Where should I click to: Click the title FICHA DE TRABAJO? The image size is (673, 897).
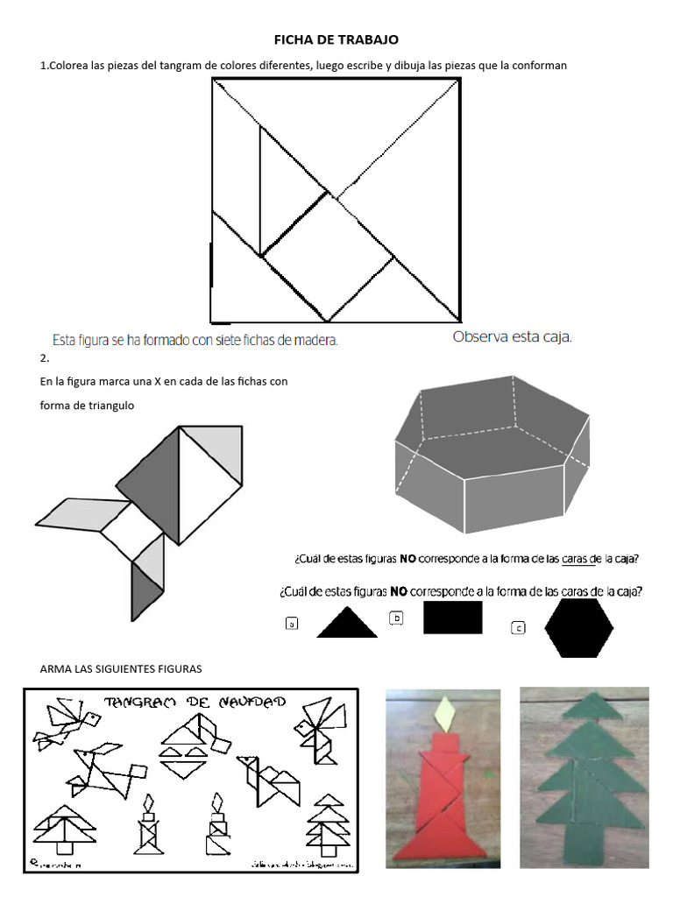pyautogui.click(x=336, y=39)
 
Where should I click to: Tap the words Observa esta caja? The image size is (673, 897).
pyautogui.click(x=512, y=337)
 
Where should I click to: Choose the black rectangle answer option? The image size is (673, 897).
pyautogui.click(x=452, y=617)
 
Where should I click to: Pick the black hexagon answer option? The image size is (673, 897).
pyautogui.click(x=578, y=628)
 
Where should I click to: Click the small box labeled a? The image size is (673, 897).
pyautogui.click(x=292, y=625)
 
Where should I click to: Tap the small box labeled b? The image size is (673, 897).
pyautogui.click(x=396, y=618)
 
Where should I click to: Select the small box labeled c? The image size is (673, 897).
pyautogui.click(x=519, y=627)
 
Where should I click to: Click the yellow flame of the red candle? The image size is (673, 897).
pyautogui.click(x=448, y=714)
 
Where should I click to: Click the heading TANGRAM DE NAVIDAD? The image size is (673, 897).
pyautogui.click(x=195, y=703)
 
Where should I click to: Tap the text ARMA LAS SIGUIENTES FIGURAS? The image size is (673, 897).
pyautogui.click(x=121, y=668)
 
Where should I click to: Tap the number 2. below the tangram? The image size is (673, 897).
pyautogui.click(x=44, y=358)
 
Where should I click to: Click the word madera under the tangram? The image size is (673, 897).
pyautogui.click(x=317, y=340)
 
